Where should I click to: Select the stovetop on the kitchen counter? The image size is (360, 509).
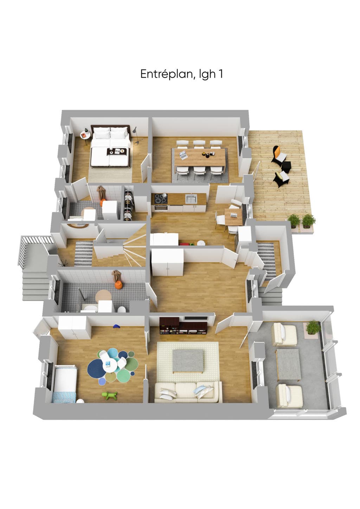[161, 198]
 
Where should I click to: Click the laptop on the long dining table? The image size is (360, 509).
[183, 155]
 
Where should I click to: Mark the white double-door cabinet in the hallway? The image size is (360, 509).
[167, 262]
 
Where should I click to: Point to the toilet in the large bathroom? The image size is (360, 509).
[122, 309]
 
